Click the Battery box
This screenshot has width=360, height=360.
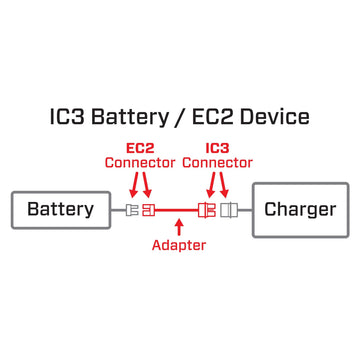click(60, 210)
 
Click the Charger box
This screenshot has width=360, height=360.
click(300, 210)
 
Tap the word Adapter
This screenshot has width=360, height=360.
click(179, 245)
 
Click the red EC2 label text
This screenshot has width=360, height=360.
click(140, 147)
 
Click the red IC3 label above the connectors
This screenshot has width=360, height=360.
click(218, 147)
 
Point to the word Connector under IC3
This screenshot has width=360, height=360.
click(218, 162)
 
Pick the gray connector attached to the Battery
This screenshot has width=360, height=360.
click(133, 211)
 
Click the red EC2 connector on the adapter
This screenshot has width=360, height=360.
click(149, 211)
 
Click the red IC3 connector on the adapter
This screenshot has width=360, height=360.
click(211, 211)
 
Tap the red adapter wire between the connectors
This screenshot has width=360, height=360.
click(180, 211)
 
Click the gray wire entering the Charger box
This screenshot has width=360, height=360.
click(245, 211)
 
